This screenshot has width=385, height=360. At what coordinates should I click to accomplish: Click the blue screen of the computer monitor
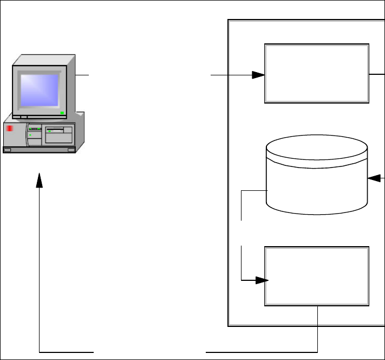39,90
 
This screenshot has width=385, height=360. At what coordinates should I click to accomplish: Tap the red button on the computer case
9,128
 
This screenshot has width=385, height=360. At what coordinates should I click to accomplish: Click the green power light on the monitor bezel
63,113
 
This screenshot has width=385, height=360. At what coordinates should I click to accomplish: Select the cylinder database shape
317,179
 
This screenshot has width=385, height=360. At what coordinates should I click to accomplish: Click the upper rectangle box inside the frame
317,74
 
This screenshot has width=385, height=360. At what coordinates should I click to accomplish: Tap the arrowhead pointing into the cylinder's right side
373,178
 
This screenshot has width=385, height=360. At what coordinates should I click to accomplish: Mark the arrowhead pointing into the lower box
262,280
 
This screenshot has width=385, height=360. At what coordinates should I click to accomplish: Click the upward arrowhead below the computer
40,181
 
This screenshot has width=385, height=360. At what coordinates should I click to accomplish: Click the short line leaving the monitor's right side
82,75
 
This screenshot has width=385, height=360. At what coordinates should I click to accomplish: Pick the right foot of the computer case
70,149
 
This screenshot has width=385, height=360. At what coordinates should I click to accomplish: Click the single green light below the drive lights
30,135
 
